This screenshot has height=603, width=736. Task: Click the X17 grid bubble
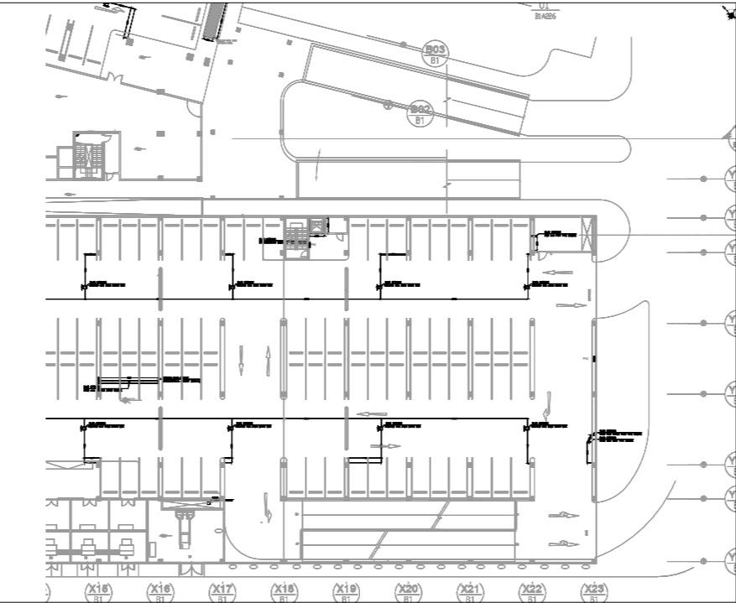click(222, 592)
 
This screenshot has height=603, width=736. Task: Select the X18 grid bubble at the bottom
click(284, 592)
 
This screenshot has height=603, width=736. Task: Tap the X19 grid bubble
click(346, 592)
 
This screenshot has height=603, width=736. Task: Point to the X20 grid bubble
click(408, 592)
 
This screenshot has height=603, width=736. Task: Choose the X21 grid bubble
click(470, 592)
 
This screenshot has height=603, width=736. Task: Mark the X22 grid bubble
click(532, 592)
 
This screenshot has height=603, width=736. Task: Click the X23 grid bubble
click(594, 592)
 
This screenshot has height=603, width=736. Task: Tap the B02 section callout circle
click(420, 112)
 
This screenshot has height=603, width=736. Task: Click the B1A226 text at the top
click(545, 15)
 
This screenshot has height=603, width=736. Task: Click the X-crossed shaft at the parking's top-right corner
click(587, 232)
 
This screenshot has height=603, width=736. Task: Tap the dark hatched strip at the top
click(215, 22)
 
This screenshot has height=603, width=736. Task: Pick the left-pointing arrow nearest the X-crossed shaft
click(557, 273)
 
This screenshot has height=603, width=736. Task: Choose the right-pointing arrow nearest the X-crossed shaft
click(572, 306)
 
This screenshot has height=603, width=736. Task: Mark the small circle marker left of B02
click(388, 106)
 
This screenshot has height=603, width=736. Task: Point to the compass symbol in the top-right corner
click(727, 12)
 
